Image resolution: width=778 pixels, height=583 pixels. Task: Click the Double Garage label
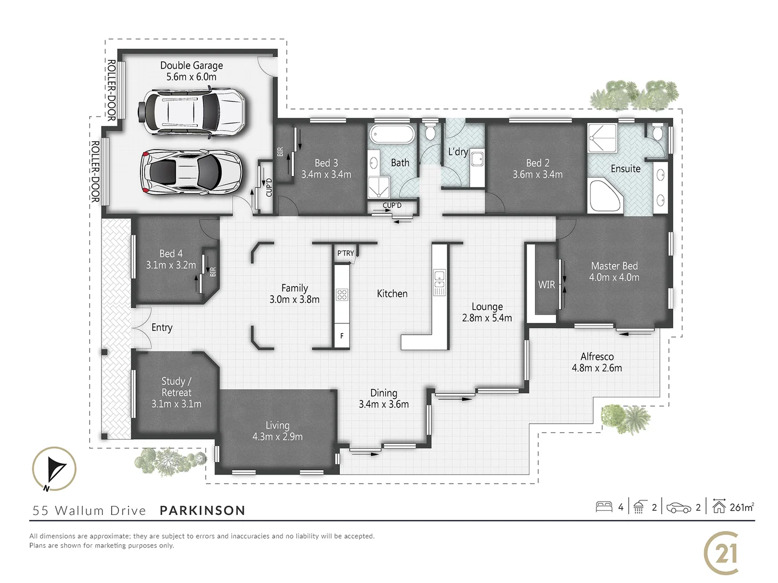click(x=191, y=71)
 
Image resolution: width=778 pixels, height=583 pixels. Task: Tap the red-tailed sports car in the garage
click(x=191, y=172)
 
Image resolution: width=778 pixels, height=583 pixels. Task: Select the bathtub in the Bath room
click(x=392, y=134)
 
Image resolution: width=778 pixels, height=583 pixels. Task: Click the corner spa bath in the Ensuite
click(x=605, y=195)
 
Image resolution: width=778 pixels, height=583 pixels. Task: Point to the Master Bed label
click(x=614, y=272)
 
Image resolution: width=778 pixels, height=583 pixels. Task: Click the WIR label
click(x=546, y=284)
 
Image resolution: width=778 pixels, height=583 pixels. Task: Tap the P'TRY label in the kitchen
click(x=345, y=253)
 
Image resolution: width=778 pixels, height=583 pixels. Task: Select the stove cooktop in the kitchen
click(x=342, y=294)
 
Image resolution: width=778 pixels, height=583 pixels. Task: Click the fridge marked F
click(x=342, y=335)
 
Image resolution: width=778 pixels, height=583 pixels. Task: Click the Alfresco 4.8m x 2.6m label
click(x=596, y=362)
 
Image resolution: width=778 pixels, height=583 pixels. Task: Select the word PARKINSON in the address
click(x=203, y=511)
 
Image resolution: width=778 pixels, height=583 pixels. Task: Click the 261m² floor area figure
click(x=741, y=507)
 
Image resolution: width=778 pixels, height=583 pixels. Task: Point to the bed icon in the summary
click(x=603, y=507)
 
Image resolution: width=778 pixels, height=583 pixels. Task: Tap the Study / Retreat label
click(x=176, y=392)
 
